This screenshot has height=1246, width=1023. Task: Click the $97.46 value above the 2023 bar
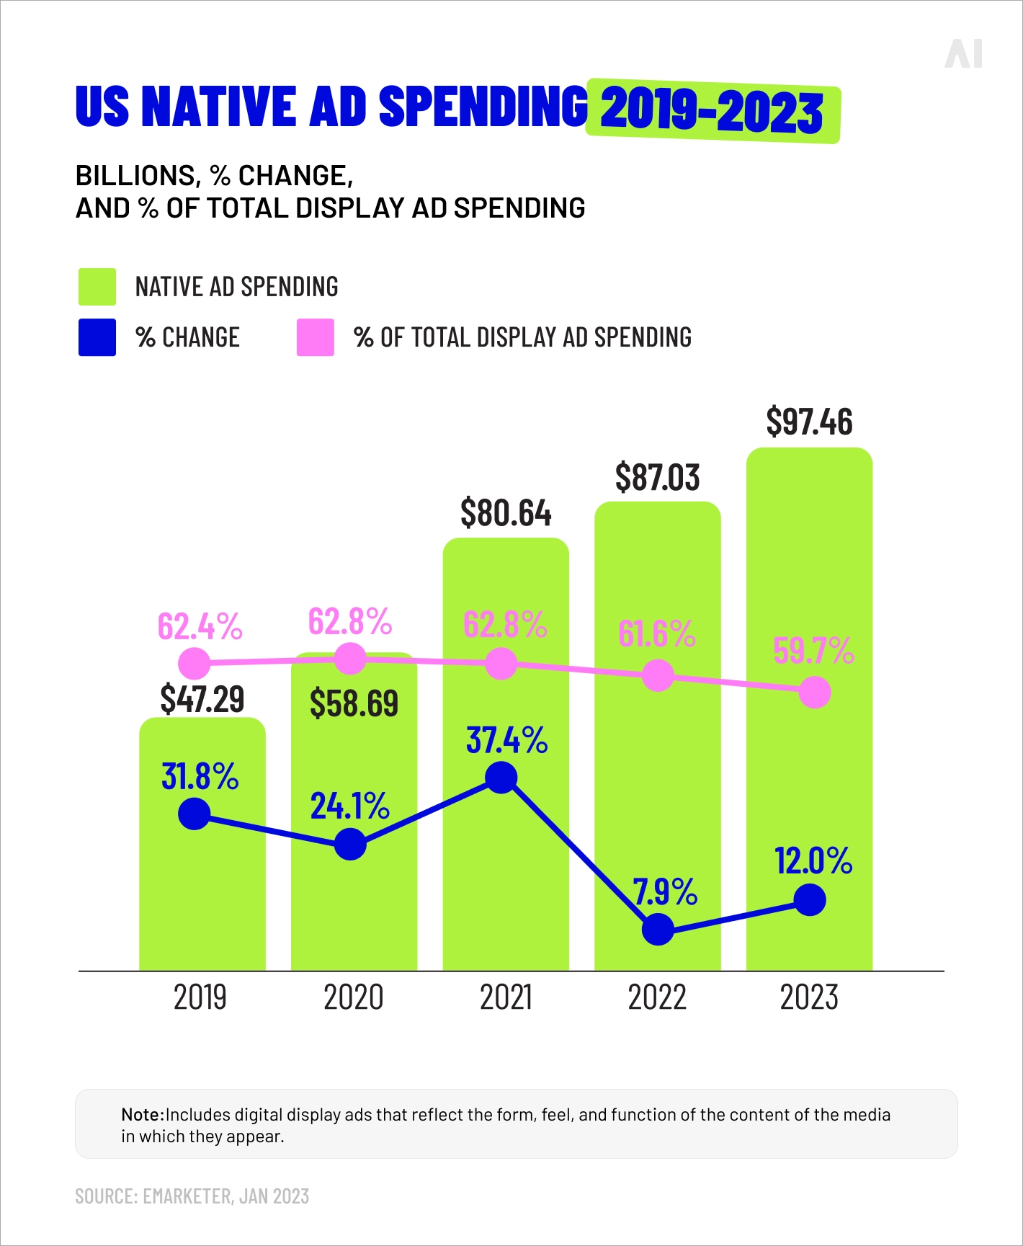[809, 422]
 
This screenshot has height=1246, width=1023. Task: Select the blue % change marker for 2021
[501, 778]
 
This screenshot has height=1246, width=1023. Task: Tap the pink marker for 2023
[815, 693]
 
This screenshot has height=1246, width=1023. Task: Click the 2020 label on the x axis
[353, 998]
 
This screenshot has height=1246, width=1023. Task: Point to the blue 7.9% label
[665, 892]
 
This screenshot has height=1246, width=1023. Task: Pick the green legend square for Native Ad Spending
[97, 287]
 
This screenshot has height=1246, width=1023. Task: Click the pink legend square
[316, 337]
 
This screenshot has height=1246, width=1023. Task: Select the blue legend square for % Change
[97, 337]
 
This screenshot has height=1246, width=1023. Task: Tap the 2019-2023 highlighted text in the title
[712, 112]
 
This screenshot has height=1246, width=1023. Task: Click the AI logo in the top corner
[963, 54]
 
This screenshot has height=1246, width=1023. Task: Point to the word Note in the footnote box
[142, 1115]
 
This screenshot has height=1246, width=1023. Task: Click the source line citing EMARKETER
[192, 1196]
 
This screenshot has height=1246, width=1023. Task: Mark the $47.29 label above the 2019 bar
[202, 699]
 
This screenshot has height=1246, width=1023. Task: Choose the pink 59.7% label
[813, 651]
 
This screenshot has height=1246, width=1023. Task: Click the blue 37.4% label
[506, 740]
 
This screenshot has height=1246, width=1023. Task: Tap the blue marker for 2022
[658, 930]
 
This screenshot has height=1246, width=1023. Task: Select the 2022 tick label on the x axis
[657, 998]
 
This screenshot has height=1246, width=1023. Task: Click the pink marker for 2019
[195, 663]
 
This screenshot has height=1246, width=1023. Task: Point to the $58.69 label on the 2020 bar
[354, 703]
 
